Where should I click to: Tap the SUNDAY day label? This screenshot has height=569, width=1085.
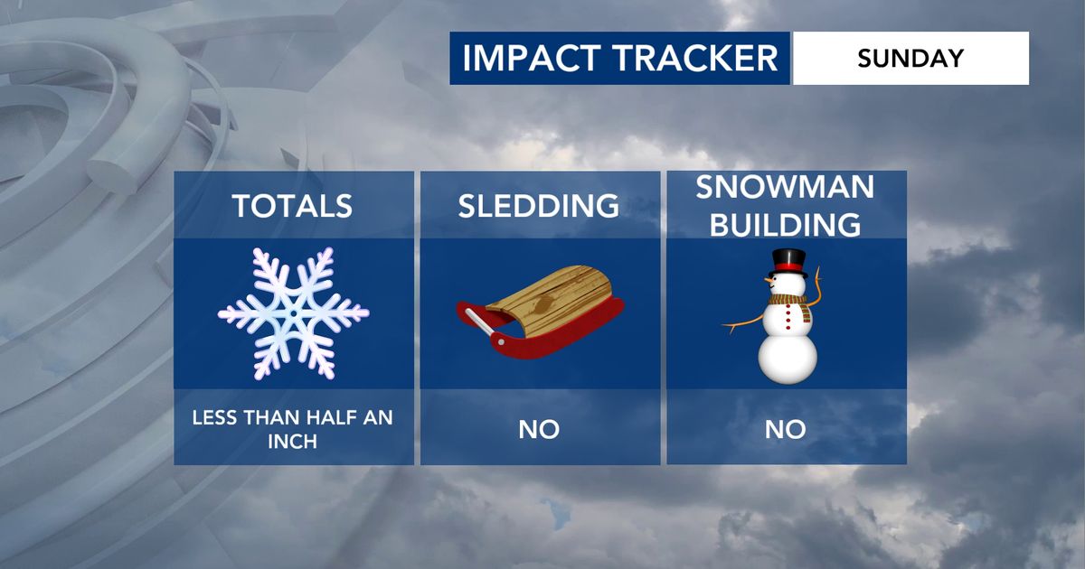910,58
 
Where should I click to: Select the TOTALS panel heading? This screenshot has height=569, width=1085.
292,206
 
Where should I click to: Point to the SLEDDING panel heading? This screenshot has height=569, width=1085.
539,206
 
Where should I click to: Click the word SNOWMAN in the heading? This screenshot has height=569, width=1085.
785,187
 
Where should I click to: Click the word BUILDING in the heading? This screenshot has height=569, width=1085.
785,225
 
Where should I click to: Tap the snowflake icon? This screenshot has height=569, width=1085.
294,313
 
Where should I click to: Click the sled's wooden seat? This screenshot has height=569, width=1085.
550,297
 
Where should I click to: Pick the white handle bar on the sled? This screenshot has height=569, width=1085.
479,322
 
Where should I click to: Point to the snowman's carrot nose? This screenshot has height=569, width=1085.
769,280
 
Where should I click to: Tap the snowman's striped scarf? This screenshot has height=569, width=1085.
790,306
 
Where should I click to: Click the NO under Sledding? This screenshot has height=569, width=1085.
539,430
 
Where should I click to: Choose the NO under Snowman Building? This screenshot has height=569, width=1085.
785,430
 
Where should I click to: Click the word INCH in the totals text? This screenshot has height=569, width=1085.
292,442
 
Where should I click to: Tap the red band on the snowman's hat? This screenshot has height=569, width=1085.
789,267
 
